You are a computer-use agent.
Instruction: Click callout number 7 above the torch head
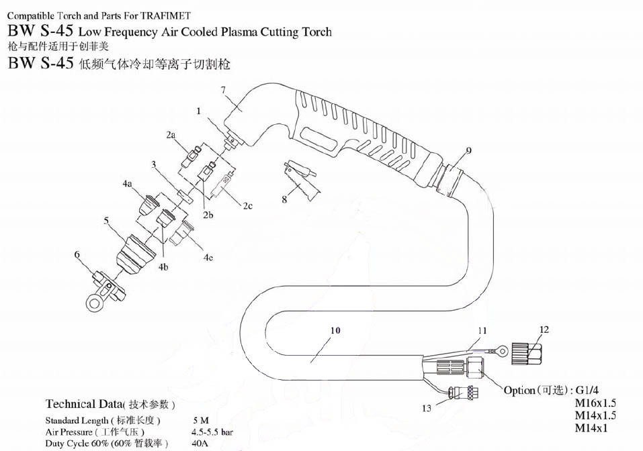tap(223, 90)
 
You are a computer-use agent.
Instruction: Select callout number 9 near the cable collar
tap(468, 150)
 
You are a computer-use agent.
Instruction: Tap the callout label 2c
tap(247, 205)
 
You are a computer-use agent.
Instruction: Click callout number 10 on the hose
tap(335, 330)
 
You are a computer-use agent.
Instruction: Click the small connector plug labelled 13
tap(463, 393)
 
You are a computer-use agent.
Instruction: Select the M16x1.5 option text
tap(595, 403)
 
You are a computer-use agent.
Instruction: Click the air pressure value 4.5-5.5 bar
tap(212, 432)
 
